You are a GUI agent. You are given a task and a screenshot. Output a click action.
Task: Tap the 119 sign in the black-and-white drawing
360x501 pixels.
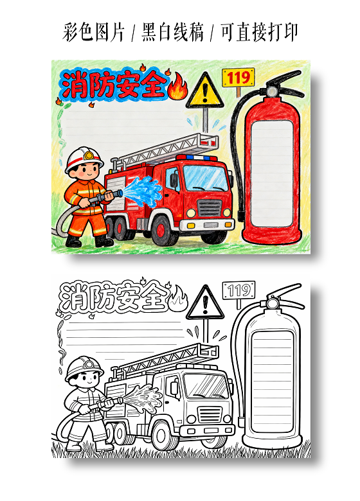point(239,290)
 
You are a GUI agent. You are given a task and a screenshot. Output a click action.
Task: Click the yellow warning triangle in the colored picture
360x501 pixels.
point(205,91)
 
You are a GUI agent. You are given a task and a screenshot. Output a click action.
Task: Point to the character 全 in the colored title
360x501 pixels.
point(150,85)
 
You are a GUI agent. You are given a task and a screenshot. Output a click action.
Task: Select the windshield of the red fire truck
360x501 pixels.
point(206,179)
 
